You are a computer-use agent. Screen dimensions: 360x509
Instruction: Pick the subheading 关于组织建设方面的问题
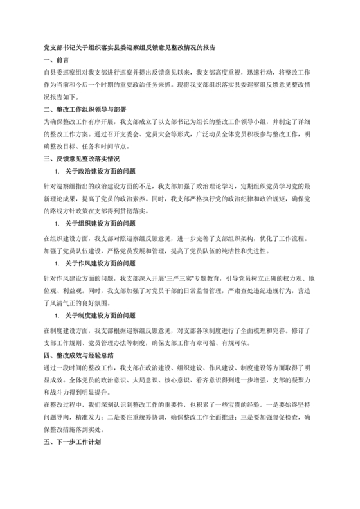[x=100, y=224]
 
